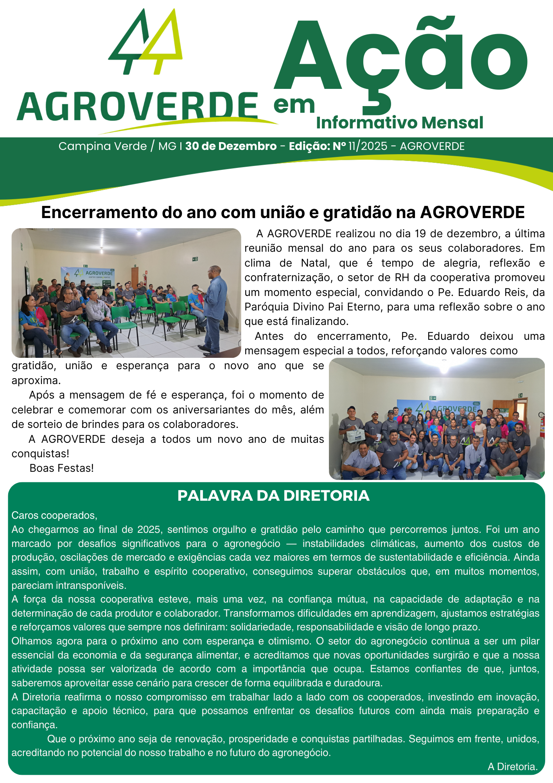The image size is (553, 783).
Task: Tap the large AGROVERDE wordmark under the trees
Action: [x=137, y=106]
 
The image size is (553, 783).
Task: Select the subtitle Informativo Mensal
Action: [x=400, y=123]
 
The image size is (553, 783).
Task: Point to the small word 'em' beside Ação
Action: [x=294, y=105]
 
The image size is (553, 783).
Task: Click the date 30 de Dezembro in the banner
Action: [x=231, y=146]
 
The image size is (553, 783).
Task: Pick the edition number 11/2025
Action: [x=368, y=146]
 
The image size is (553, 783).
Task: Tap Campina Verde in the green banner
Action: [x=102, y=146]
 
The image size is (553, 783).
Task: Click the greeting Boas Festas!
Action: [x=62, y=468]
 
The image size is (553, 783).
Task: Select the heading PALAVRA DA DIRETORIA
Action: [x=273, y=496]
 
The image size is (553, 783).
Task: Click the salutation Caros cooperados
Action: [x=54, y=515]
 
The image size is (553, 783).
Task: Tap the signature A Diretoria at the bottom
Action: [x=512, y=767]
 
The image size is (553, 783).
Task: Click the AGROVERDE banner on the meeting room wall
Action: [x=88, y=276]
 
